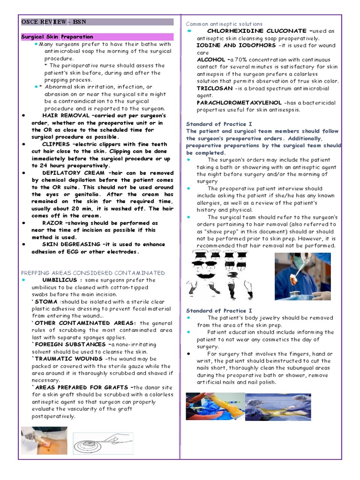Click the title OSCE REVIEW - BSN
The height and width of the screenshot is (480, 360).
(x=54, y=22)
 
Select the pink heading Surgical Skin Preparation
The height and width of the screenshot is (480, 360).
(x=57, y=37)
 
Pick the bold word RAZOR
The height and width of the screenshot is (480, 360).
(x=52, y=223)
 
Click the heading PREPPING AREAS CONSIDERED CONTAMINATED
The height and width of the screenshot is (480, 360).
(x=93, y=273)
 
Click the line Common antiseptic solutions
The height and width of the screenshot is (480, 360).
(x=224, y=24)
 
